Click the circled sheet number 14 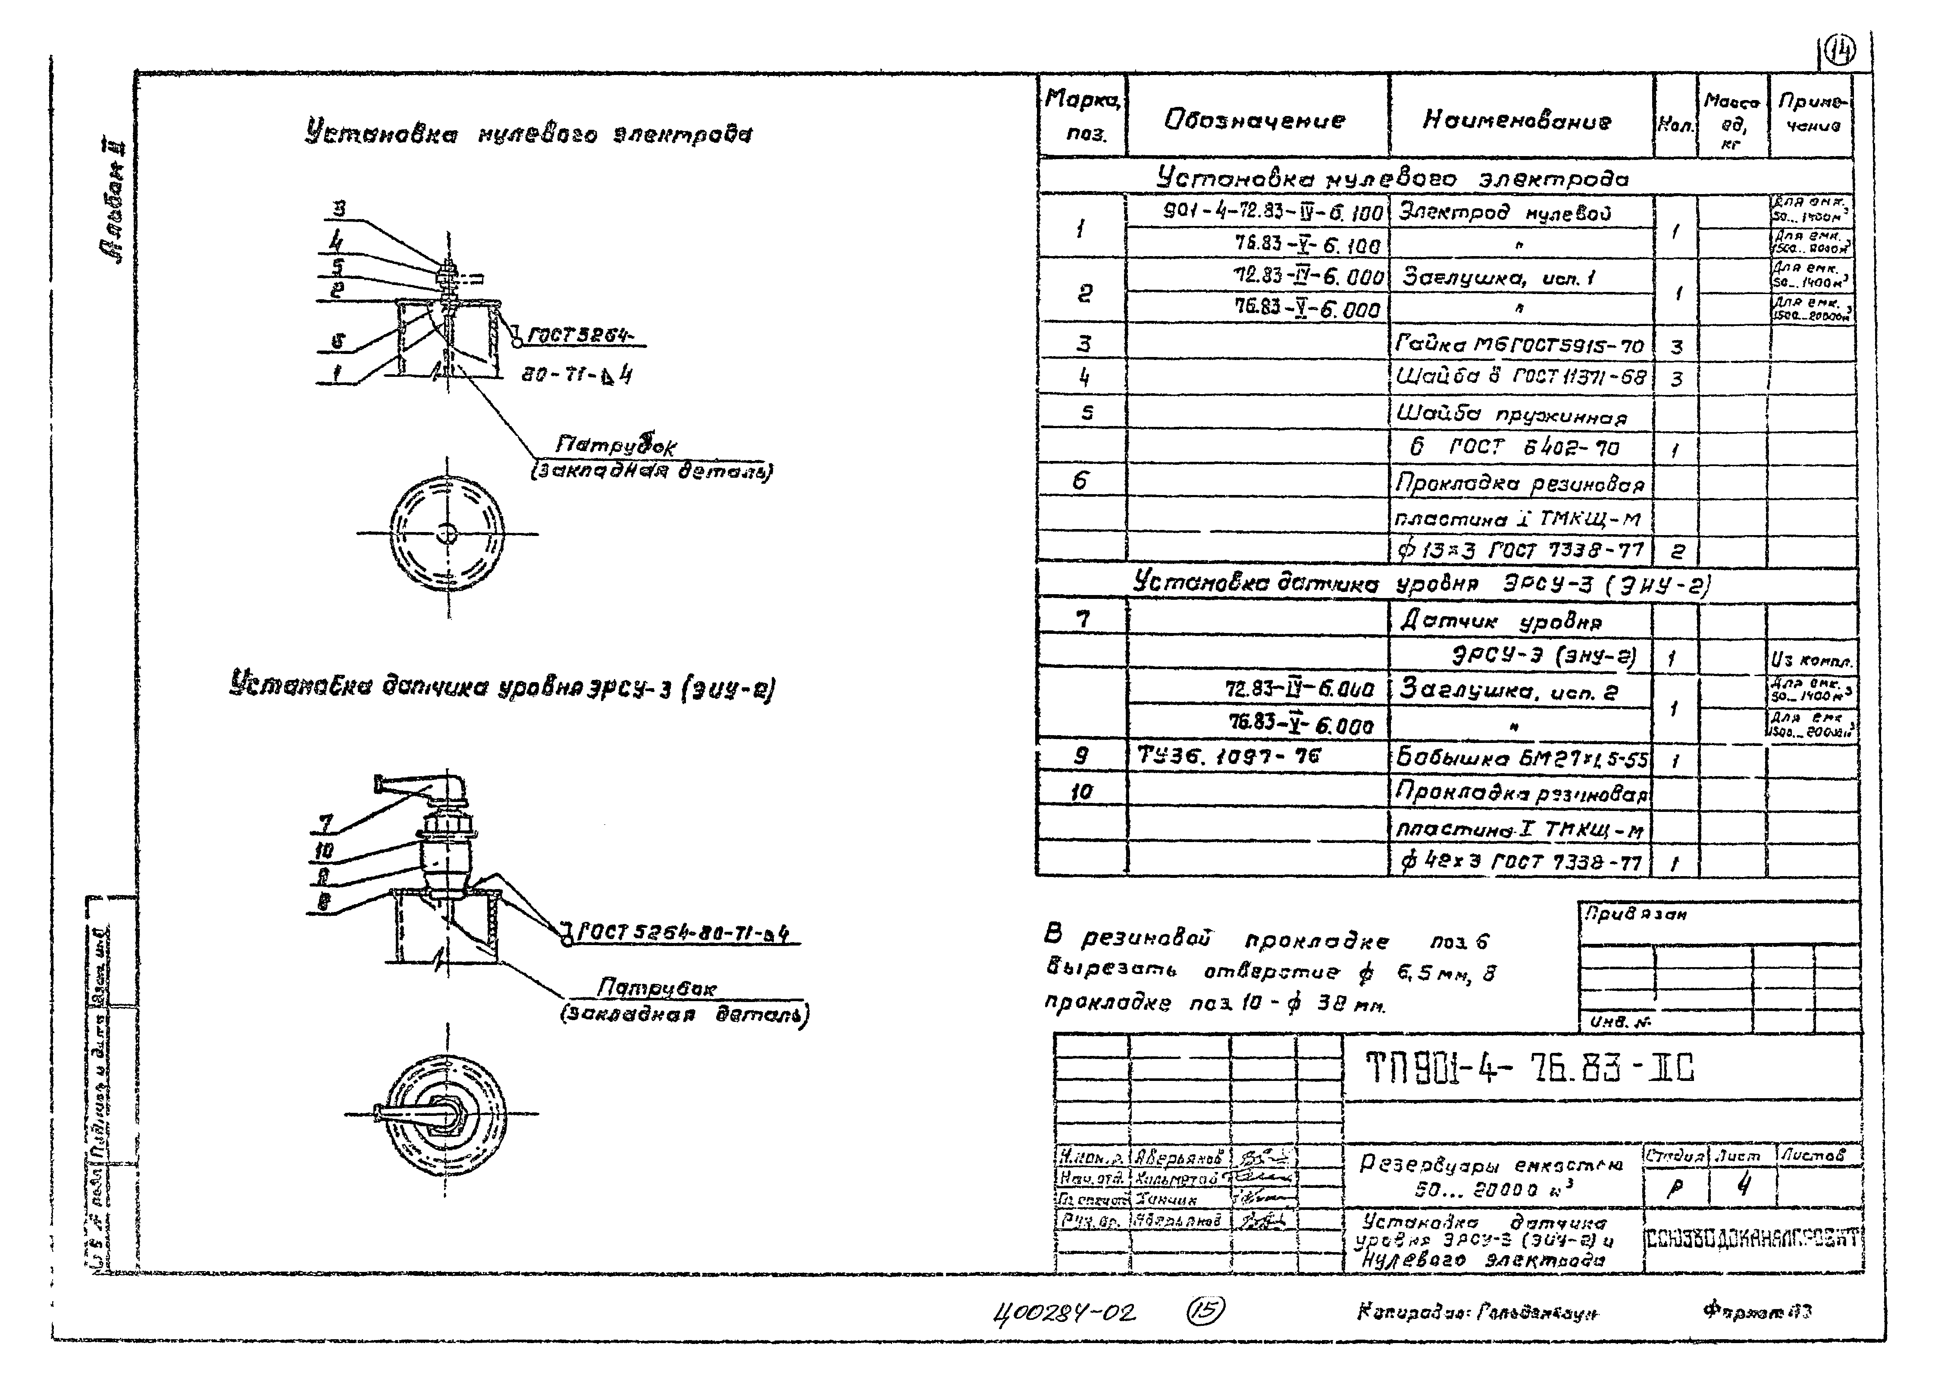click(x=1839, y=53)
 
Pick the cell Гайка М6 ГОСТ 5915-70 click(x=1519, y=345)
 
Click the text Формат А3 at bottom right click(x=1757, y=1312)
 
